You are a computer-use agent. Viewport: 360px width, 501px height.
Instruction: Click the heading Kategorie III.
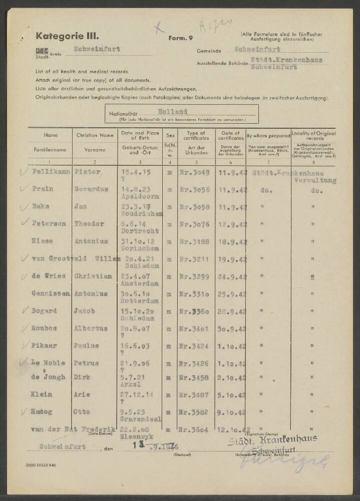68,36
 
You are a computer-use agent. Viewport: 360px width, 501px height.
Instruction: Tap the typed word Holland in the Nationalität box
171,112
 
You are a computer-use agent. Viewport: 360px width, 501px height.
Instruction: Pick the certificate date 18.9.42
232,241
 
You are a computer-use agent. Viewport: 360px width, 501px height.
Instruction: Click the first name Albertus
92,328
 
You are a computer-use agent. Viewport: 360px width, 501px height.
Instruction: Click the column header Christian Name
95,135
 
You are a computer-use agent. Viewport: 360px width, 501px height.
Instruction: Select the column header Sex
170,135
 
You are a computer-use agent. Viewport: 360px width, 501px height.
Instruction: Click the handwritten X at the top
159,28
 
